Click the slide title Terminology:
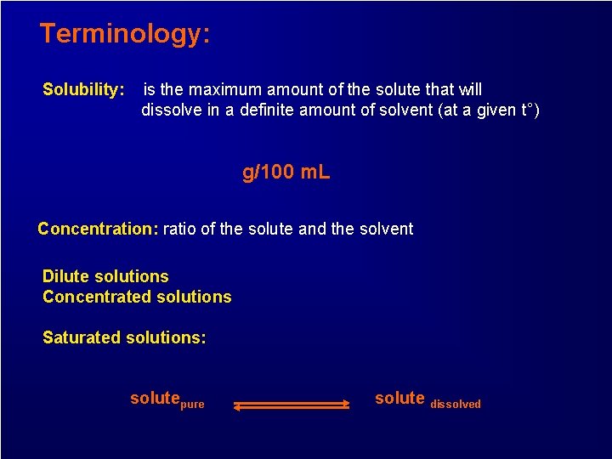(x=124, y=34)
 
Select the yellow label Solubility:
(x=83, y=89)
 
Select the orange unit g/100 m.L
(x=286, y=173)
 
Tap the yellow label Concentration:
(x=98, y=229)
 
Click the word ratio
(x=179, y=229)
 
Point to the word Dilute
(x=68, y=276)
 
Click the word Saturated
(x=82, y=337)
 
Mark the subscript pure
(x=192, y=405)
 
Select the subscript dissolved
(x=455, y=405)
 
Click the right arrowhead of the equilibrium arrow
(x=345, y=404)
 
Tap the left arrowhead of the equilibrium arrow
(x=239, y=408)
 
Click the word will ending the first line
(x=467, y=89)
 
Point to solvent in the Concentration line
(x=386, y=229)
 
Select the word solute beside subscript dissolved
(x=399, y=398)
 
